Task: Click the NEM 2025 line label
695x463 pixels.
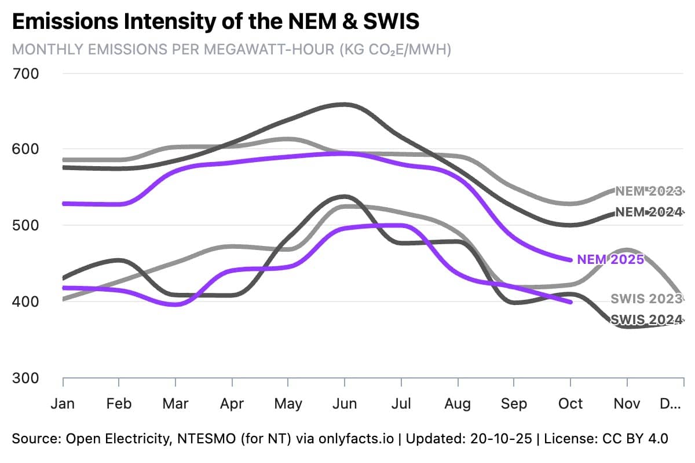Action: pyautogui.click(x=610, y=260)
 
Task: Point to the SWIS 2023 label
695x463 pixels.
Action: pyautogui.click(x=646, y=299)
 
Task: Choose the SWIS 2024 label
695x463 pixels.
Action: pyautogui.click(x=646, y=319)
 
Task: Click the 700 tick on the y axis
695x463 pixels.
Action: pyautogui.click(x=25, y=74)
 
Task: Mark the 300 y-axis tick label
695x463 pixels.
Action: pyautogui.click(x=25, y=378)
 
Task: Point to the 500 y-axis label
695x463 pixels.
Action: pyautogui.click(x=25, y=226)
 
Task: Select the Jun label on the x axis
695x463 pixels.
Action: pyautogui.click(x=345, y=403)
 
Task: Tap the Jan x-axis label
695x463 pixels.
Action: pyautogui.click(x=63, y=403)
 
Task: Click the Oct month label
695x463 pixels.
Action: pyautogui.click(x=570, y=403)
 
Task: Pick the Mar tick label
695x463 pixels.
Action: pyautogui.click(x=175, y=403)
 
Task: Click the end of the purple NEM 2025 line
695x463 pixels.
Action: pyautogui.click(x=571, y=260)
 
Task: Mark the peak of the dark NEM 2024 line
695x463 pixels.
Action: pyautogui.click(x=345, y=104)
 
